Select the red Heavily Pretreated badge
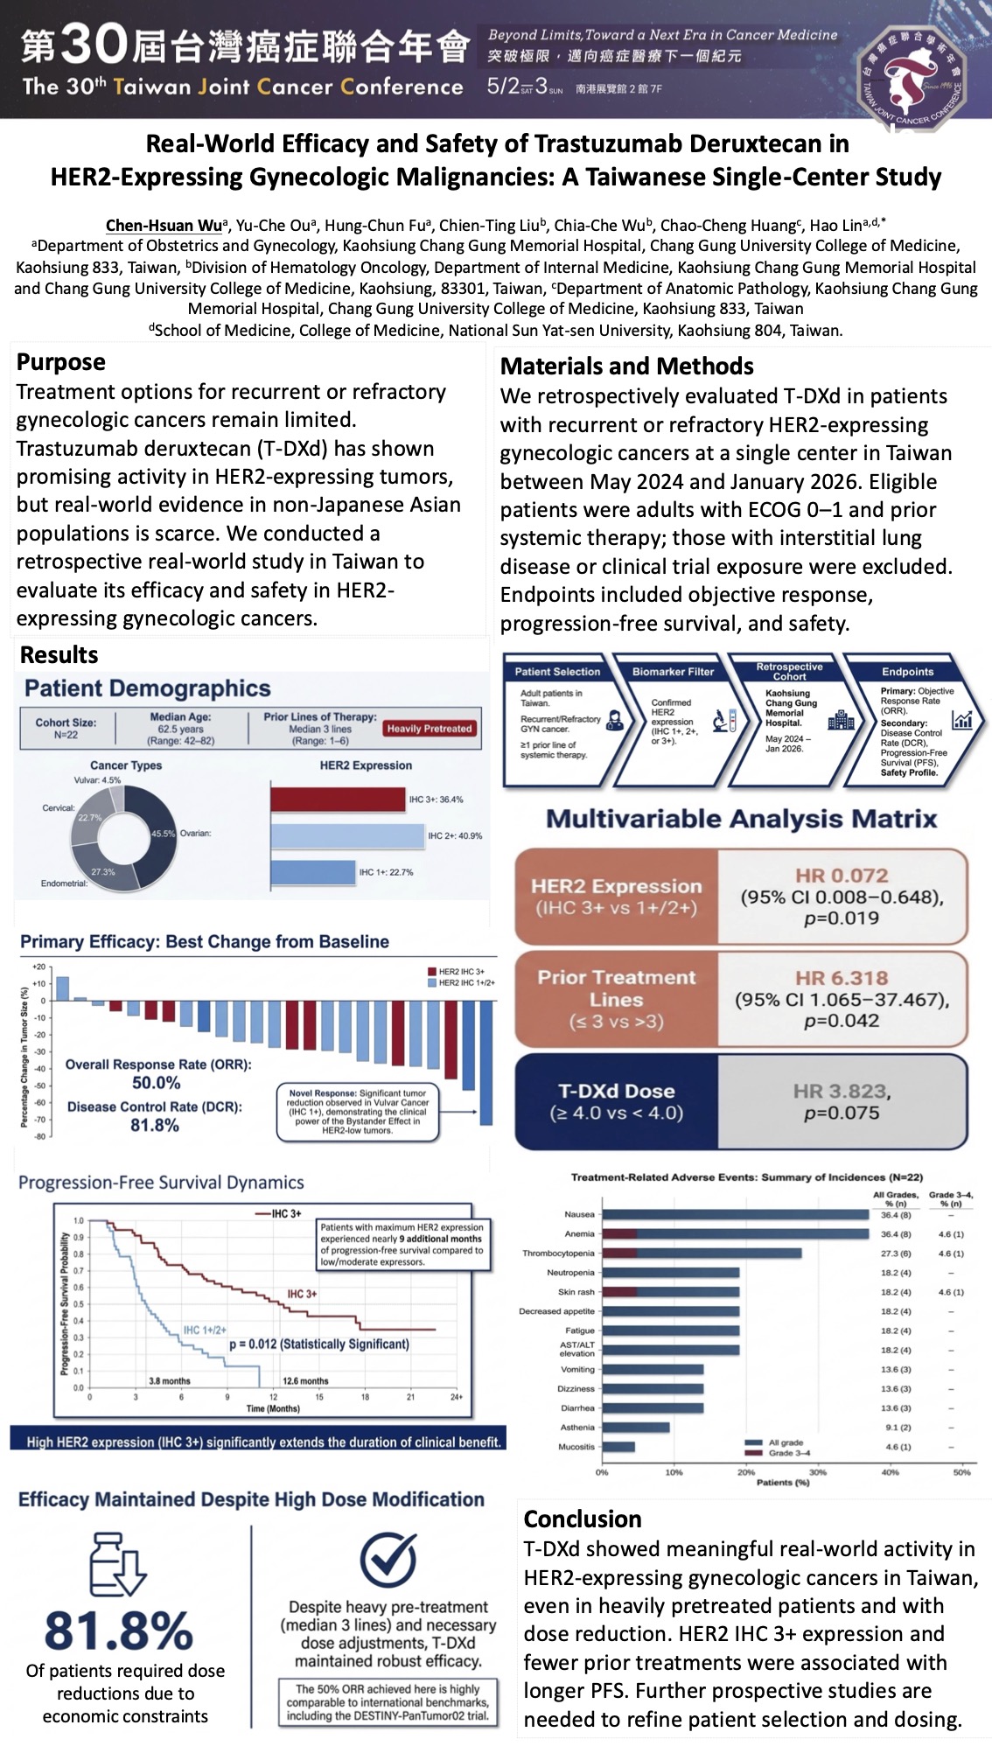coord(429,728)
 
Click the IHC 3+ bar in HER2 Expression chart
coord(338,799)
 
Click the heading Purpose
coord(61,362)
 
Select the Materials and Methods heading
coord(626,366)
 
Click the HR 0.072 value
coord(841,876)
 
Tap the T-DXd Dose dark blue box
coord(616,1101)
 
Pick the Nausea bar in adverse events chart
coord(735,1214)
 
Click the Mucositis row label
coord(576,1447)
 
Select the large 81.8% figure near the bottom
coord(118,1631)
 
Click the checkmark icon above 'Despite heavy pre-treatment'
coord(388,1559)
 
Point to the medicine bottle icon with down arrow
coord(118,1564)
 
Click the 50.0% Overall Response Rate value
coord(156,1083)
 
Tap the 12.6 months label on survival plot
coord(305,1381)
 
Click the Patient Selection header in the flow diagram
coord(557,672)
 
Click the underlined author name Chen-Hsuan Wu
coord(164,226)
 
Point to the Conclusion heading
coord(583,1519)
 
